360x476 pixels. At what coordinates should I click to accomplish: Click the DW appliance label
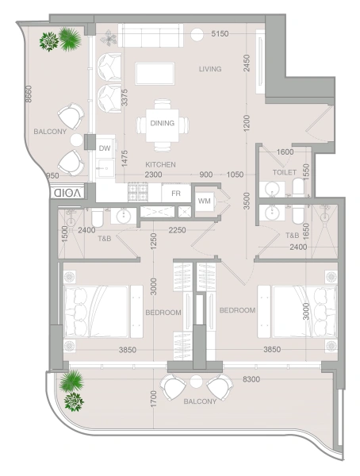coord(104,148)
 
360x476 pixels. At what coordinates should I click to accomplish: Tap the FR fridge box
coord(176,193)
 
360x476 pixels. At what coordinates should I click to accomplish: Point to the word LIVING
coord(210,70)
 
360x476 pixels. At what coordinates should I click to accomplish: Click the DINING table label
coord(162,123)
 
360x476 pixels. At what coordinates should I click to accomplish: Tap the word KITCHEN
coord(160,164)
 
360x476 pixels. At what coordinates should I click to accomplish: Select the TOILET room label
coord(284,171)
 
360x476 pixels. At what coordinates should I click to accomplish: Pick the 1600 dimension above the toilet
coord(285,152)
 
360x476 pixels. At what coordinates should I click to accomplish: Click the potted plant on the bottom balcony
coord(73,390)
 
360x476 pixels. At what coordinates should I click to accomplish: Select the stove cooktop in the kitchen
coord(140,191)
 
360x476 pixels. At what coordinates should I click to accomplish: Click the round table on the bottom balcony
coord(196,383)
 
